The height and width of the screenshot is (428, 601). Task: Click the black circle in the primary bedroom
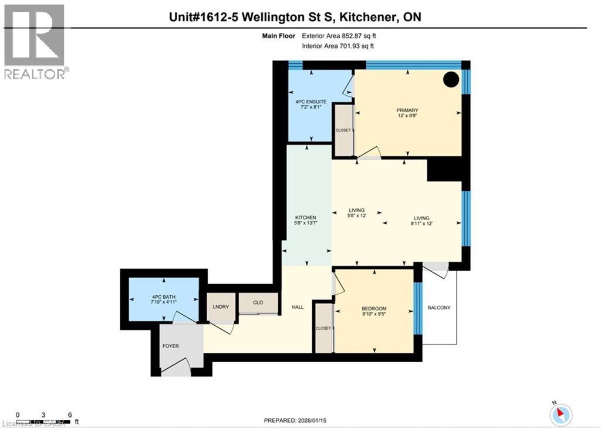[451, 79]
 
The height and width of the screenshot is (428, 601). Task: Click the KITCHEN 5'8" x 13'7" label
[306, 220]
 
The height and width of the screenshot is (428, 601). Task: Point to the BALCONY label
[439, 308]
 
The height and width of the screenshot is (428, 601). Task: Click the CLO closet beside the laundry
[258, 303]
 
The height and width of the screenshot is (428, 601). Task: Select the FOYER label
[170, 346]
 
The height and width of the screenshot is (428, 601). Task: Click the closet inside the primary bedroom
[343, 130]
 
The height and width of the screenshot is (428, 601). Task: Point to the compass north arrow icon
[561, 414]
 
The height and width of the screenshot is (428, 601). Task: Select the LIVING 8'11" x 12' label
[421, 221]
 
